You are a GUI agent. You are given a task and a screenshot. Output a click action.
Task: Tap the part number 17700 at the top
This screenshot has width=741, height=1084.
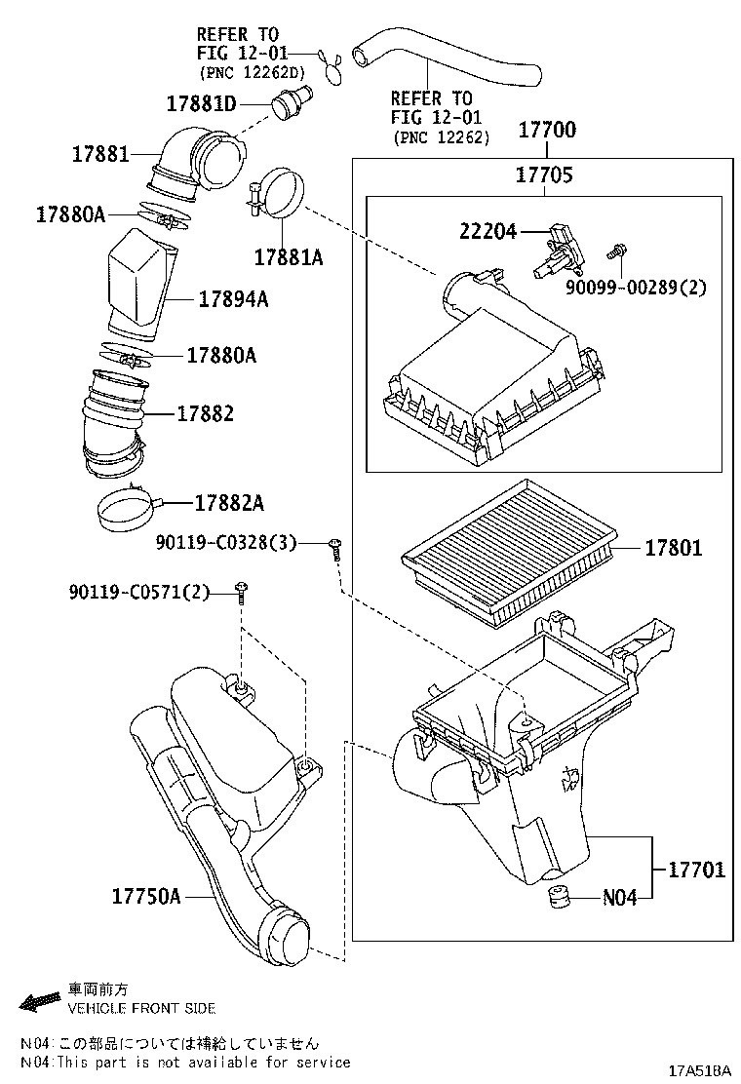pos(546,130)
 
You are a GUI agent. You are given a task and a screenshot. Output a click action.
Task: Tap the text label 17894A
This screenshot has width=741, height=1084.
pos(233,299)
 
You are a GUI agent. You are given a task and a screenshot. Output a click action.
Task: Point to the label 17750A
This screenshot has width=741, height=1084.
pos(146,895)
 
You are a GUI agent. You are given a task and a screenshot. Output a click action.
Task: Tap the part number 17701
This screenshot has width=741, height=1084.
pos(696,870)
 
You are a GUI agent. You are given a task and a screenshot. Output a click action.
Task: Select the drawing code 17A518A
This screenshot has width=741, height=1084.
pos(698,1070)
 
